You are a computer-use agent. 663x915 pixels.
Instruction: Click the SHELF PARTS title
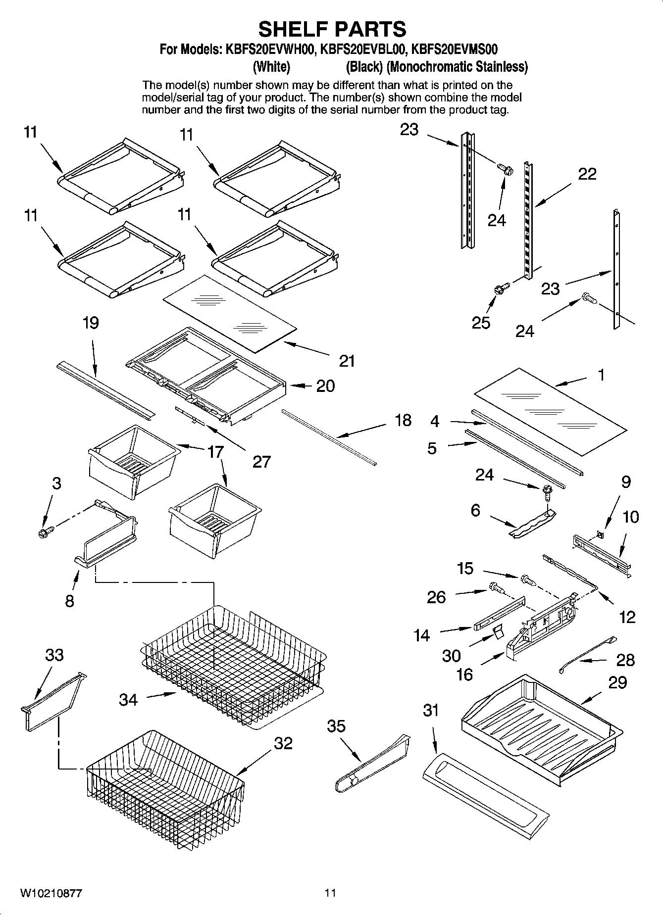[x=332, y=29]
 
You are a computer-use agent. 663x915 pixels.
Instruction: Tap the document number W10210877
[x=51, y=893]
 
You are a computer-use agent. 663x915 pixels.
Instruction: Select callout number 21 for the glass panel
[x=347, y=361]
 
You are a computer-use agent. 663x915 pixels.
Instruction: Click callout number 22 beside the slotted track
[x=587, y=174]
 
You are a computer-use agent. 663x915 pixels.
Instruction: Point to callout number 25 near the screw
[x=481, y=322]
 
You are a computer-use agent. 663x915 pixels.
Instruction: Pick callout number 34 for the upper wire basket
[x=128, y=699]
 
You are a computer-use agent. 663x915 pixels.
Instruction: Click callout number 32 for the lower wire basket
[x=283, y=743]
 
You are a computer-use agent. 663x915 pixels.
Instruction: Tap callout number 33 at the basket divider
[x=54, y=655]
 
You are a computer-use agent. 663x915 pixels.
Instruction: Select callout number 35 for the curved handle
[x=336, y=726]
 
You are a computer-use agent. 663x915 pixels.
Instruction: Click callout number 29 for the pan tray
[x=617, y=682]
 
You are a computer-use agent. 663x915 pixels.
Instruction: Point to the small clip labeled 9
[x=600, y=534]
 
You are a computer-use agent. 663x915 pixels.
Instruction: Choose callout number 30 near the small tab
[x=452, y=656]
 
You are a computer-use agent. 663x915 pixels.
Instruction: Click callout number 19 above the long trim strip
[x=91, y=323]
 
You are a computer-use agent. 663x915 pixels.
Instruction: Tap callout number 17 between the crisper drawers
[x=215, y=451]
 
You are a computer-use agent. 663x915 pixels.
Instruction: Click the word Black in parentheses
[x=364, y=66]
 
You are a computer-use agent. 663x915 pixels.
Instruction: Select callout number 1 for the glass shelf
[x=601, y=375]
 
